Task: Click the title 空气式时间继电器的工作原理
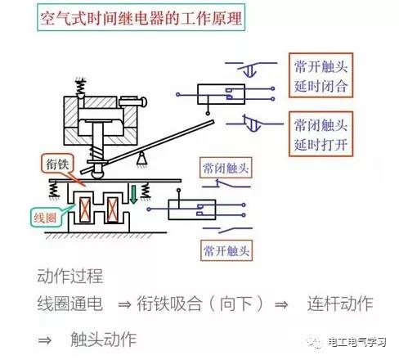[141, 18]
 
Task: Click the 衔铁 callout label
[57, 164]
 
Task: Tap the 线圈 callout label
[45, 218]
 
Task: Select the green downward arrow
[133, 194]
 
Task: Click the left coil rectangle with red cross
[85, 209]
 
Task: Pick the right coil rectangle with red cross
[112, 209]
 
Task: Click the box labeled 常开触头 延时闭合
[321, 75]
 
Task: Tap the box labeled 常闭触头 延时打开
[321, 134]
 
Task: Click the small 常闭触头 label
[226, 168]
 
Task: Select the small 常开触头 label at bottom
[226, 250]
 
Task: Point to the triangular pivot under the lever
[141, 159]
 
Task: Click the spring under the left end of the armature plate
[54, 190]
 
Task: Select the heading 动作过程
[70, 276]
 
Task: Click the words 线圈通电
[70, 304]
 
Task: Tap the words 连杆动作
[340, 304]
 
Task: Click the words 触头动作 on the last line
[104, 340]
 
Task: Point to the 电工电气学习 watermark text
[357, 342]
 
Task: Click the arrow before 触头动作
[45, 340]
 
